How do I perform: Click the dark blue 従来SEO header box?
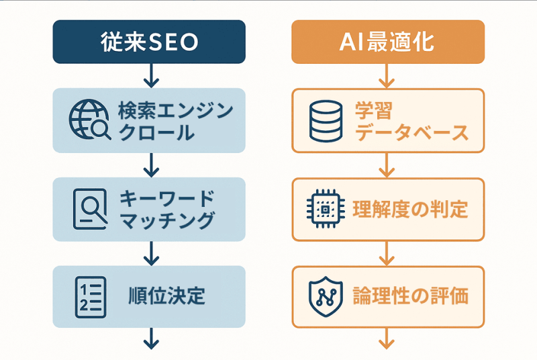149,42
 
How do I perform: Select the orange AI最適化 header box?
388,42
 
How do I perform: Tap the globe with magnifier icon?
89,120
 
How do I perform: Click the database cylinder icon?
326,121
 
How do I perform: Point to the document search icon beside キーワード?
91,209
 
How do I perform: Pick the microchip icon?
326,209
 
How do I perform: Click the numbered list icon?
91,297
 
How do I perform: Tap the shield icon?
326,297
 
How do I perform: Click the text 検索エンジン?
176,110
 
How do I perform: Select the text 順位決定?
166,296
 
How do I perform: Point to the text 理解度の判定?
410,209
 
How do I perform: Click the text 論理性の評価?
410,296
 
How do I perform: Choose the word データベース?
411,132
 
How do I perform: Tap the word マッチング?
167,220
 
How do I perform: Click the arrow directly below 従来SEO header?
151,76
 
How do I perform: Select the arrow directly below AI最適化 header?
387,76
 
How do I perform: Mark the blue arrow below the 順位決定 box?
151,339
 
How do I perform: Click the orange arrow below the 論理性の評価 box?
387,339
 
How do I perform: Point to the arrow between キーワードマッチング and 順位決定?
151,253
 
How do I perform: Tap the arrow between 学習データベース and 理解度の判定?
387,165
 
